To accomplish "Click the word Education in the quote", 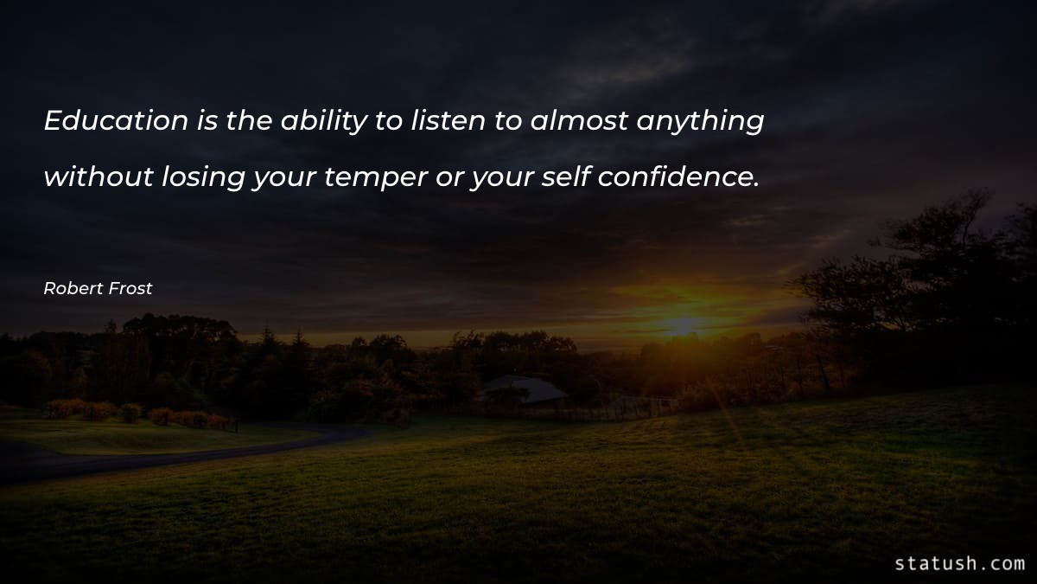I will [x=116, y=121].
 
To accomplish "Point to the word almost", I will [x=579, y=121].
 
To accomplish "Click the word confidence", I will [x=678, y=176].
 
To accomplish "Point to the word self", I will [x=567, y=176].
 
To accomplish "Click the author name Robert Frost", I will [x=98, y=289].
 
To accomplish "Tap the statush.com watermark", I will [x=959, y=563].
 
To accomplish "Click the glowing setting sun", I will [x=683, y=325].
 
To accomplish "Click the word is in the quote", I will [x=207, y=121].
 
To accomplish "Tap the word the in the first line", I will [x=250, y=121].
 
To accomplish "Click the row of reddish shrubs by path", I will [x=138, y=412].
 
